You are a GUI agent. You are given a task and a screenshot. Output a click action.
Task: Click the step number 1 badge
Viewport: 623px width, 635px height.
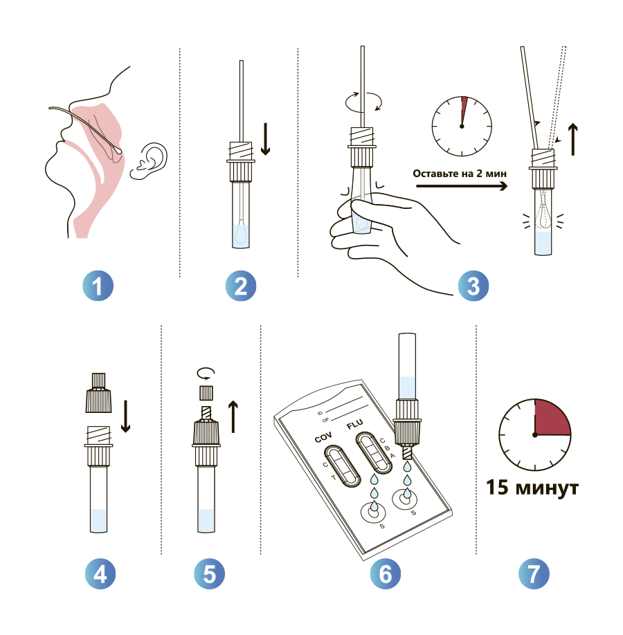[98, 286]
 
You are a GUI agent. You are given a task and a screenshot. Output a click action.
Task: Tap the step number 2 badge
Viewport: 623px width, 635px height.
[241, 286]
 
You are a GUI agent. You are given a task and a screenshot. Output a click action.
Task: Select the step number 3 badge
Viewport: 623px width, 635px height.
[473, 286]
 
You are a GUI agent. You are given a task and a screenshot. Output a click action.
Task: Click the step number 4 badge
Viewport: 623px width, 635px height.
[100, 573]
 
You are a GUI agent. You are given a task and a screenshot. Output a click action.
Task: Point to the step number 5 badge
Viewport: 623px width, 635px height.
[209, 573]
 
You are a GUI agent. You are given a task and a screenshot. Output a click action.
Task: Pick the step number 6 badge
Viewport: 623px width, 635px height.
[386, 573]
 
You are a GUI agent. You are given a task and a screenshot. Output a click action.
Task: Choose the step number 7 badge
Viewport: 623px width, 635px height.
[534, 573]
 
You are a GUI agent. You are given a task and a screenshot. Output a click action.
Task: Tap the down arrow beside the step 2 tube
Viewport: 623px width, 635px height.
[266, 139]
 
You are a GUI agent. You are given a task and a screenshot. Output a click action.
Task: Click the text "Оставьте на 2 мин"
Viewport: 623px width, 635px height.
[460, 174]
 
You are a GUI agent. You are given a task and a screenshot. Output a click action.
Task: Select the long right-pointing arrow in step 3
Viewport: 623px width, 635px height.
[462, 186]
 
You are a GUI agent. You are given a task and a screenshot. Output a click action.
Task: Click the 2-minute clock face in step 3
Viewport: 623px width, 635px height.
[462, 127]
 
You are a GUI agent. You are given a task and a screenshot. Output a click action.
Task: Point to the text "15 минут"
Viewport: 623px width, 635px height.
[532, 487]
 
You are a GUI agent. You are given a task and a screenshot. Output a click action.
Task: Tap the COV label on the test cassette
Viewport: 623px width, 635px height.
[323, 437]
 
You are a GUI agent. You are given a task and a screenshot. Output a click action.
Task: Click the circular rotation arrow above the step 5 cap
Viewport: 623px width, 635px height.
[206, 374]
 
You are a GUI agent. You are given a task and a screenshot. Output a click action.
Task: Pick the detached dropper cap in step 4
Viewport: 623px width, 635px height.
[98, 393]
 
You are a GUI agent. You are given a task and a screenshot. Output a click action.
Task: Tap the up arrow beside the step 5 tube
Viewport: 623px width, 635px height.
[233, 416]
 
